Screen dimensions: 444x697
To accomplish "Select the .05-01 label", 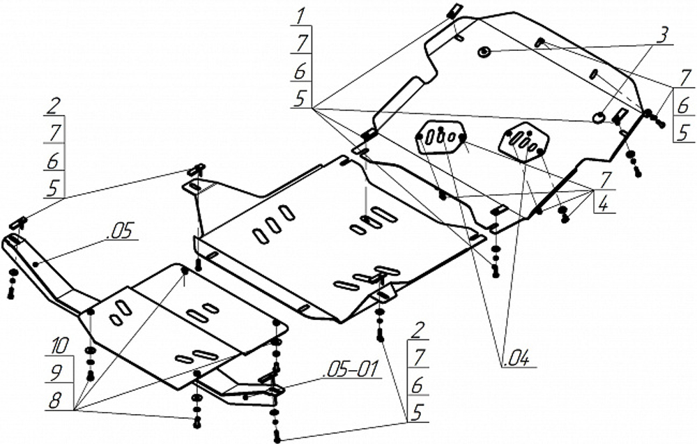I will pos(353,370).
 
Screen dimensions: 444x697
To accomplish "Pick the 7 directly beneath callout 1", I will pos(300,42).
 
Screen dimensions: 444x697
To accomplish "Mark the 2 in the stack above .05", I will pos(52,106).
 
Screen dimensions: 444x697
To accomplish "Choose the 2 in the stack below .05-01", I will pos(418,330).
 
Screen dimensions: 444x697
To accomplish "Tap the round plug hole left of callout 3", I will pos(484,51).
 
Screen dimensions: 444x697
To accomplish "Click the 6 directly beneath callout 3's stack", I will pos(683,105).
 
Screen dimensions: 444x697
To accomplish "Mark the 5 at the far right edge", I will pos(683,131).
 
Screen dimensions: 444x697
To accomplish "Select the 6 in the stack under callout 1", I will pos(300,70).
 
